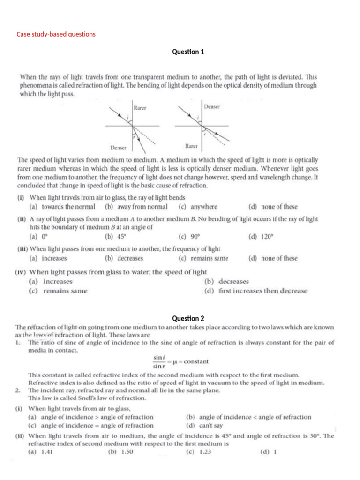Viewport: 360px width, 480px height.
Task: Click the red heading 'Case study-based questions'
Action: [56, 34]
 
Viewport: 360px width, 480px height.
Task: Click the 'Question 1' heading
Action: [188, 52]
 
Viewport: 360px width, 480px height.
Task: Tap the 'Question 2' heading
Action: [188, 318]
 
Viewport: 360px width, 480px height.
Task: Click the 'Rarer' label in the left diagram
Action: [140, 108]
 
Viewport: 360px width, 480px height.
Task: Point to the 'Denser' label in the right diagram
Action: [212, 107]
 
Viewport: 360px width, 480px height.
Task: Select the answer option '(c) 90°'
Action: [189, 237]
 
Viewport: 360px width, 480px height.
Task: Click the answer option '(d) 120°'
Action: [261, 237]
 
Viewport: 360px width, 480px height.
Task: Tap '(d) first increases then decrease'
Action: [256, 291]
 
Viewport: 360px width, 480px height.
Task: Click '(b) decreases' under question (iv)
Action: [226, 281]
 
